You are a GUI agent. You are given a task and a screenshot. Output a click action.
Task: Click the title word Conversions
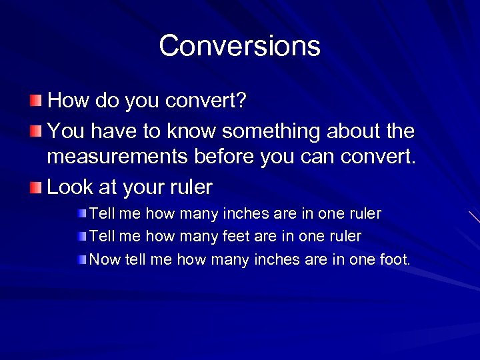coord(239,46)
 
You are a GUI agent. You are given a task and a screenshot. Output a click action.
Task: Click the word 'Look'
coord(70,188)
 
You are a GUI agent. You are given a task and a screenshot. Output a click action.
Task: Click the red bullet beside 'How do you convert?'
coord(35,101)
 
